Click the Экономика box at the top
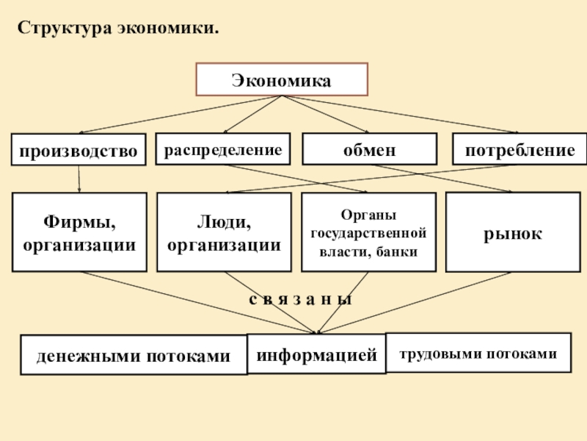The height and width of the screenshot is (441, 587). [x=281, y=79]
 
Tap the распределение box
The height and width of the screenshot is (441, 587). [x=222, y=150]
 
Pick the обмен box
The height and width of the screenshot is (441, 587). [x=370, y=150]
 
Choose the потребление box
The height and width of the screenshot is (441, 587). [x=519, y=150]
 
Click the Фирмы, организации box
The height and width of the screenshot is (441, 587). [x=79, y=232]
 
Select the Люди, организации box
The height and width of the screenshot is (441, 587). [x=224, y=232]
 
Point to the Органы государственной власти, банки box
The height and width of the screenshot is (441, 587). [x=368, y=232]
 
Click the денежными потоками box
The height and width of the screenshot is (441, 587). [x=134, y=356]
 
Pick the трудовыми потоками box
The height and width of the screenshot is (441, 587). [x=478, y=353]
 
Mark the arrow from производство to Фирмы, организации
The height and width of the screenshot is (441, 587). [x=79, y=179]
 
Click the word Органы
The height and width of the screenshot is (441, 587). [x=368, y=215]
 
